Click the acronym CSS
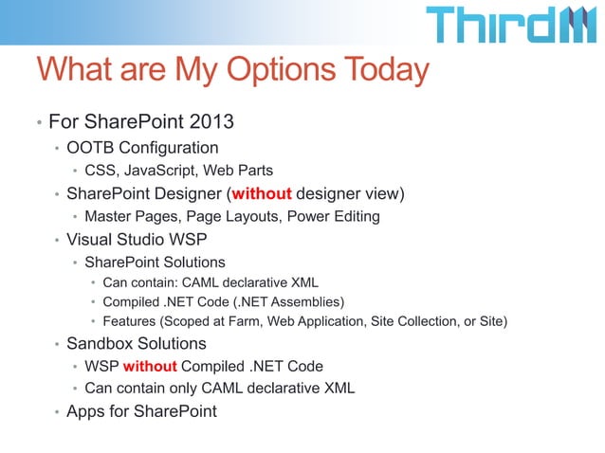tap(101, 171)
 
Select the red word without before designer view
tap(261, 194)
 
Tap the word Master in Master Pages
tap(108, 217)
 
